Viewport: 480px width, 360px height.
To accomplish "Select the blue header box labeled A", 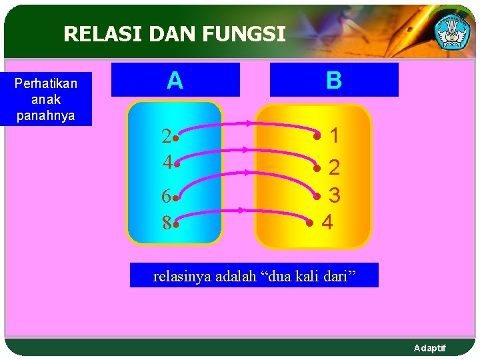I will click(175, 80).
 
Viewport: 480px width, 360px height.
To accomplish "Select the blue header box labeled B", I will click(334, 80).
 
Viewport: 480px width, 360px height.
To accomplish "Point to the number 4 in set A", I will click(167, 162).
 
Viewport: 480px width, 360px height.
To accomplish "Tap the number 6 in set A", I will click(166, 196).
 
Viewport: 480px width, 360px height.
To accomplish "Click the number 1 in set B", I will click(335, 136).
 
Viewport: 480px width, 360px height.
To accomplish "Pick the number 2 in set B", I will click(335, 167).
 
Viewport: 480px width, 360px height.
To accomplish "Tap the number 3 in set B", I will click(335, 195).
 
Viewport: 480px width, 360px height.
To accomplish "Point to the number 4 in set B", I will click(327, 222).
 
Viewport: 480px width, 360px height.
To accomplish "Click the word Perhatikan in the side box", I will click(46, 83).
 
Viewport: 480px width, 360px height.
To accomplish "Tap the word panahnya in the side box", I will click(46, 115).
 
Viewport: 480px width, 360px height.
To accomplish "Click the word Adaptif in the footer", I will click(430, 348).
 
